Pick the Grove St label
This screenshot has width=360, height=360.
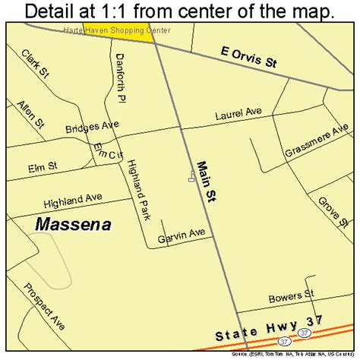327,212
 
